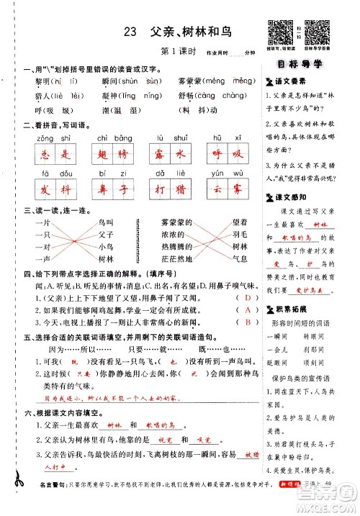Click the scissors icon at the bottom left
[x=15, y=491]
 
